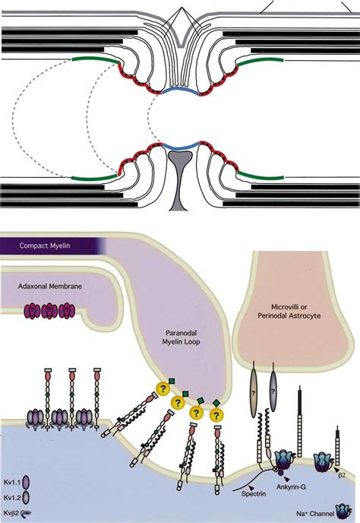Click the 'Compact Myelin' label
pos(45,246)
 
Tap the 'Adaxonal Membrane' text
pos(49,286)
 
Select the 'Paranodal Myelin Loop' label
pos(181,338)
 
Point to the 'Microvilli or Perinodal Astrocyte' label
pos(289,311)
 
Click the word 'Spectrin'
pos(254,493)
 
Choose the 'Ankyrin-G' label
pos(291,487)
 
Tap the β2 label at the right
pos(342,475)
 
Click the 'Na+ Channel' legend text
pos(315,514)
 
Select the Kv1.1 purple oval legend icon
pos(26,482)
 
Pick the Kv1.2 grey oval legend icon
pos(26,498)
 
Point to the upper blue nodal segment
pos(180,90)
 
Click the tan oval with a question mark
pos(254,393)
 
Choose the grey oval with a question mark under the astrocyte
pos(273,390)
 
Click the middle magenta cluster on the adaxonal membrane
pos(49,311)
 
